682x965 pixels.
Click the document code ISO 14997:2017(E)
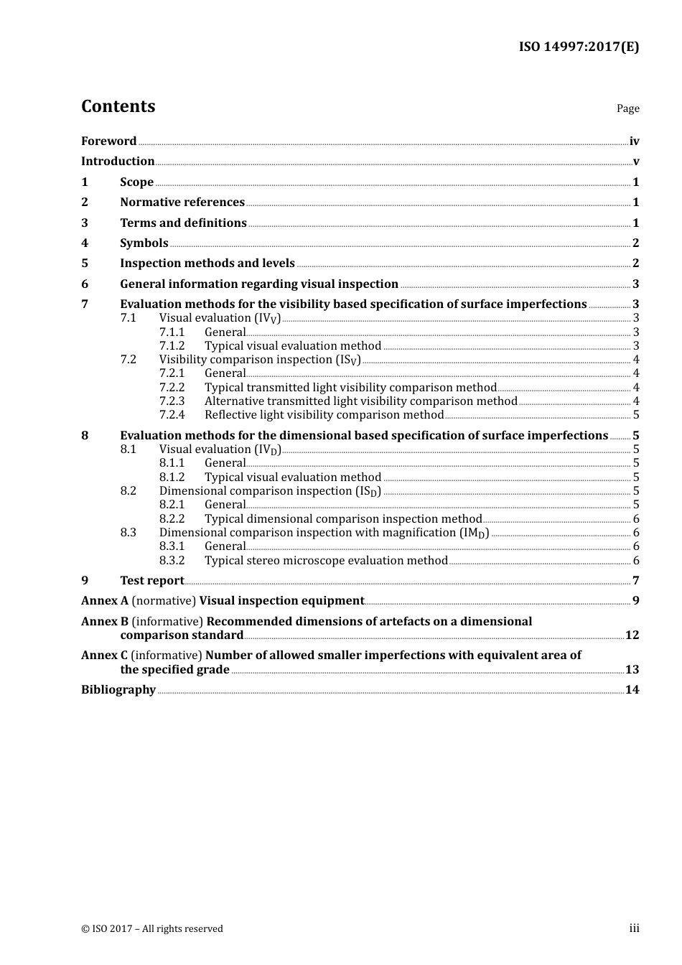579,47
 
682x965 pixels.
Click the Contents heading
118,106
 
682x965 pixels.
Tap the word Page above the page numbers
627,108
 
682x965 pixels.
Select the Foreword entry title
108,141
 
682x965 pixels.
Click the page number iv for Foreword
634,141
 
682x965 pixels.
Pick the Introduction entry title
118,162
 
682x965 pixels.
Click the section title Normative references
182,202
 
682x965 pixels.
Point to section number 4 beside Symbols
85,243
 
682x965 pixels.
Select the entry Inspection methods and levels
207,264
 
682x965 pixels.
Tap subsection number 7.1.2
172,346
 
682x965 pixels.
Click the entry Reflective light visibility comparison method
324,415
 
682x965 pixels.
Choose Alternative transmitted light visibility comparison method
360,401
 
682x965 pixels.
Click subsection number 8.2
128,491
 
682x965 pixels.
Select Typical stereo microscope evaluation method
326,561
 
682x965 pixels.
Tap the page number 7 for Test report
635,581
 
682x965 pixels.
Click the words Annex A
105,601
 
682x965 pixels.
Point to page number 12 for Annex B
632,635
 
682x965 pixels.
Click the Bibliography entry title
118,690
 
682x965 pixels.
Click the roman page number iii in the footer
634,928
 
